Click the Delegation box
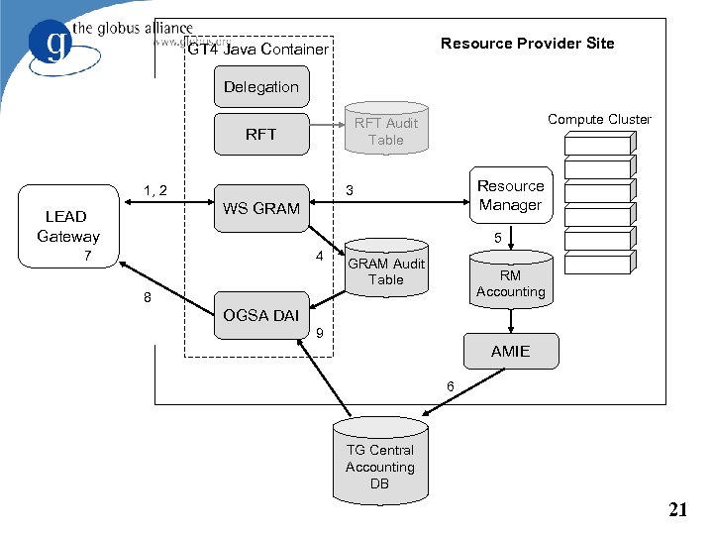(x=260, y=87)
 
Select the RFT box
(x=260, y=135)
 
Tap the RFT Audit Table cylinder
(x=386, y=131)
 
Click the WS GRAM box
(x=260, y=208)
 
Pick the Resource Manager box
(x=510, y=195)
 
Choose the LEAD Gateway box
(x=67, y=227)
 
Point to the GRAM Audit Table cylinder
(x=386, y=270)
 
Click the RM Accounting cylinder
(x=510, y=283)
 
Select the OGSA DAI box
(x=260, y=315)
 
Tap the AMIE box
(x=510, y=351)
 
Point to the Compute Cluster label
(x=599, y=120)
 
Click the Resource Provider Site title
(x=527, y=44)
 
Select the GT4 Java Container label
(x=258, y=50)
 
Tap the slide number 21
(x=677, y=510)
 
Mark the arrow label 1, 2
(x=154, y=189)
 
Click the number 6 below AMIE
(x=450, y=385)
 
